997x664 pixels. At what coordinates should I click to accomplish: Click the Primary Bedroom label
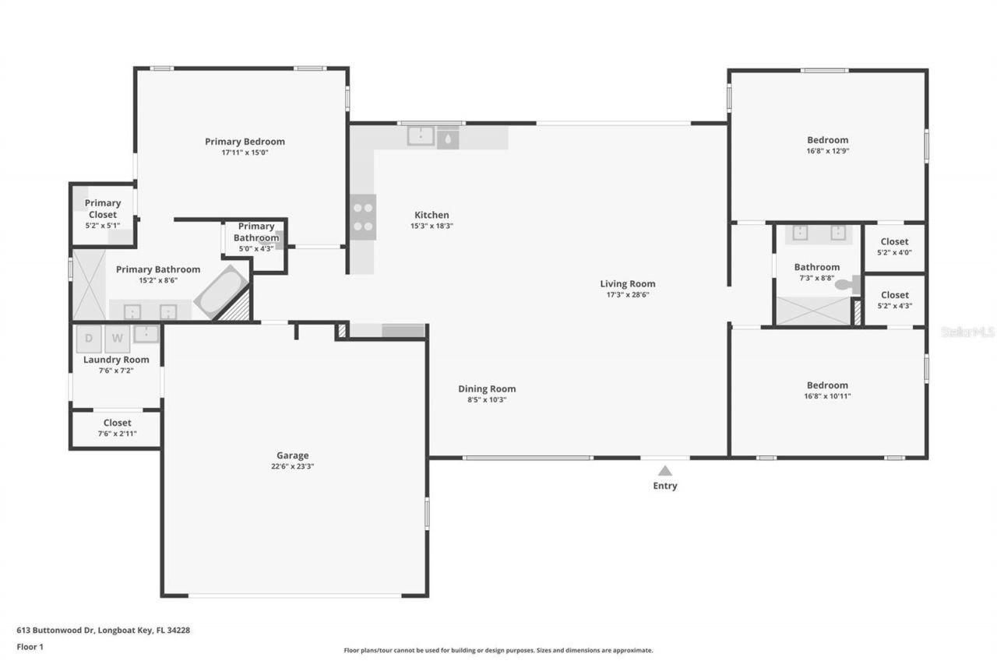(x=245, y=142)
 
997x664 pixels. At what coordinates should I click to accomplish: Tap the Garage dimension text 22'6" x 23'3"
(x=293, y=466)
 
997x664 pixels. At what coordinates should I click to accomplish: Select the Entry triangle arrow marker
(x=664, y=470)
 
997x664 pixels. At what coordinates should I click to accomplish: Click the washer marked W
(x=117, y=339)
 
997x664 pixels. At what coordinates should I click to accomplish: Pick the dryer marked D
(x=89, y=339)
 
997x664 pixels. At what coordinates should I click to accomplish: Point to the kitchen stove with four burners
(x=362, y=217)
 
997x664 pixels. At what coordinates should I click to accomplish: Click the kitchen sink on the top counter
(x=421, y=137)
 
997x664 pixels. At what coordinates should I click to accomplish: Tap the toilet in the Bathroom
(x=847, y=285)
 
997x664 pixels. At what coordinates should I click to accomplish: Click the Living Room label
(x=627, y=284)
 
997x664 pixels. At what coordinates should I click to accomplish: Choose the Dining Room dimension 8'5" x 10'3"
(x=486, y=400)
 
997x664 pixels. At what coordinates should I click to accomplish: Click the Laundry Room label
(x=116, y=360)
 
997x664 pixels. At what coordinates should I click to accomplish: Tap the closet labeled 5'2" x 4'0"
(x=894, y=247)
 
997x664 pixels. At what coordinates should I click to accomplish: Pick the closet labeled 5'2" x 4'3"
(x=894, y=300)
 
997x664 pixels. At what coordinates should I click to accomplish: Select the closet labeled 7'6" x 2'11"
(x=117, y=428)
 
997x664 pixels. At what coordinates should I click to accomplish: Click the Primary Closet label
(x=103, y=209)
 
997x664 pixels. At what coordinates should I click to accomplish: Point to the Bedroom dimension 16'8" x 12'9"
(x=827, y=151)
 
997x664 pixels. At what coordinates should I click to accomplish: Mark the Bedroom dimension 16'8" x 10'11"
(x=827, y=396)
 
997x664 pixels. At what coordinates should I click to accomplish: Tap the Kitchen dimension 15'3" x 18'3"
(x=432, y=226)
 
